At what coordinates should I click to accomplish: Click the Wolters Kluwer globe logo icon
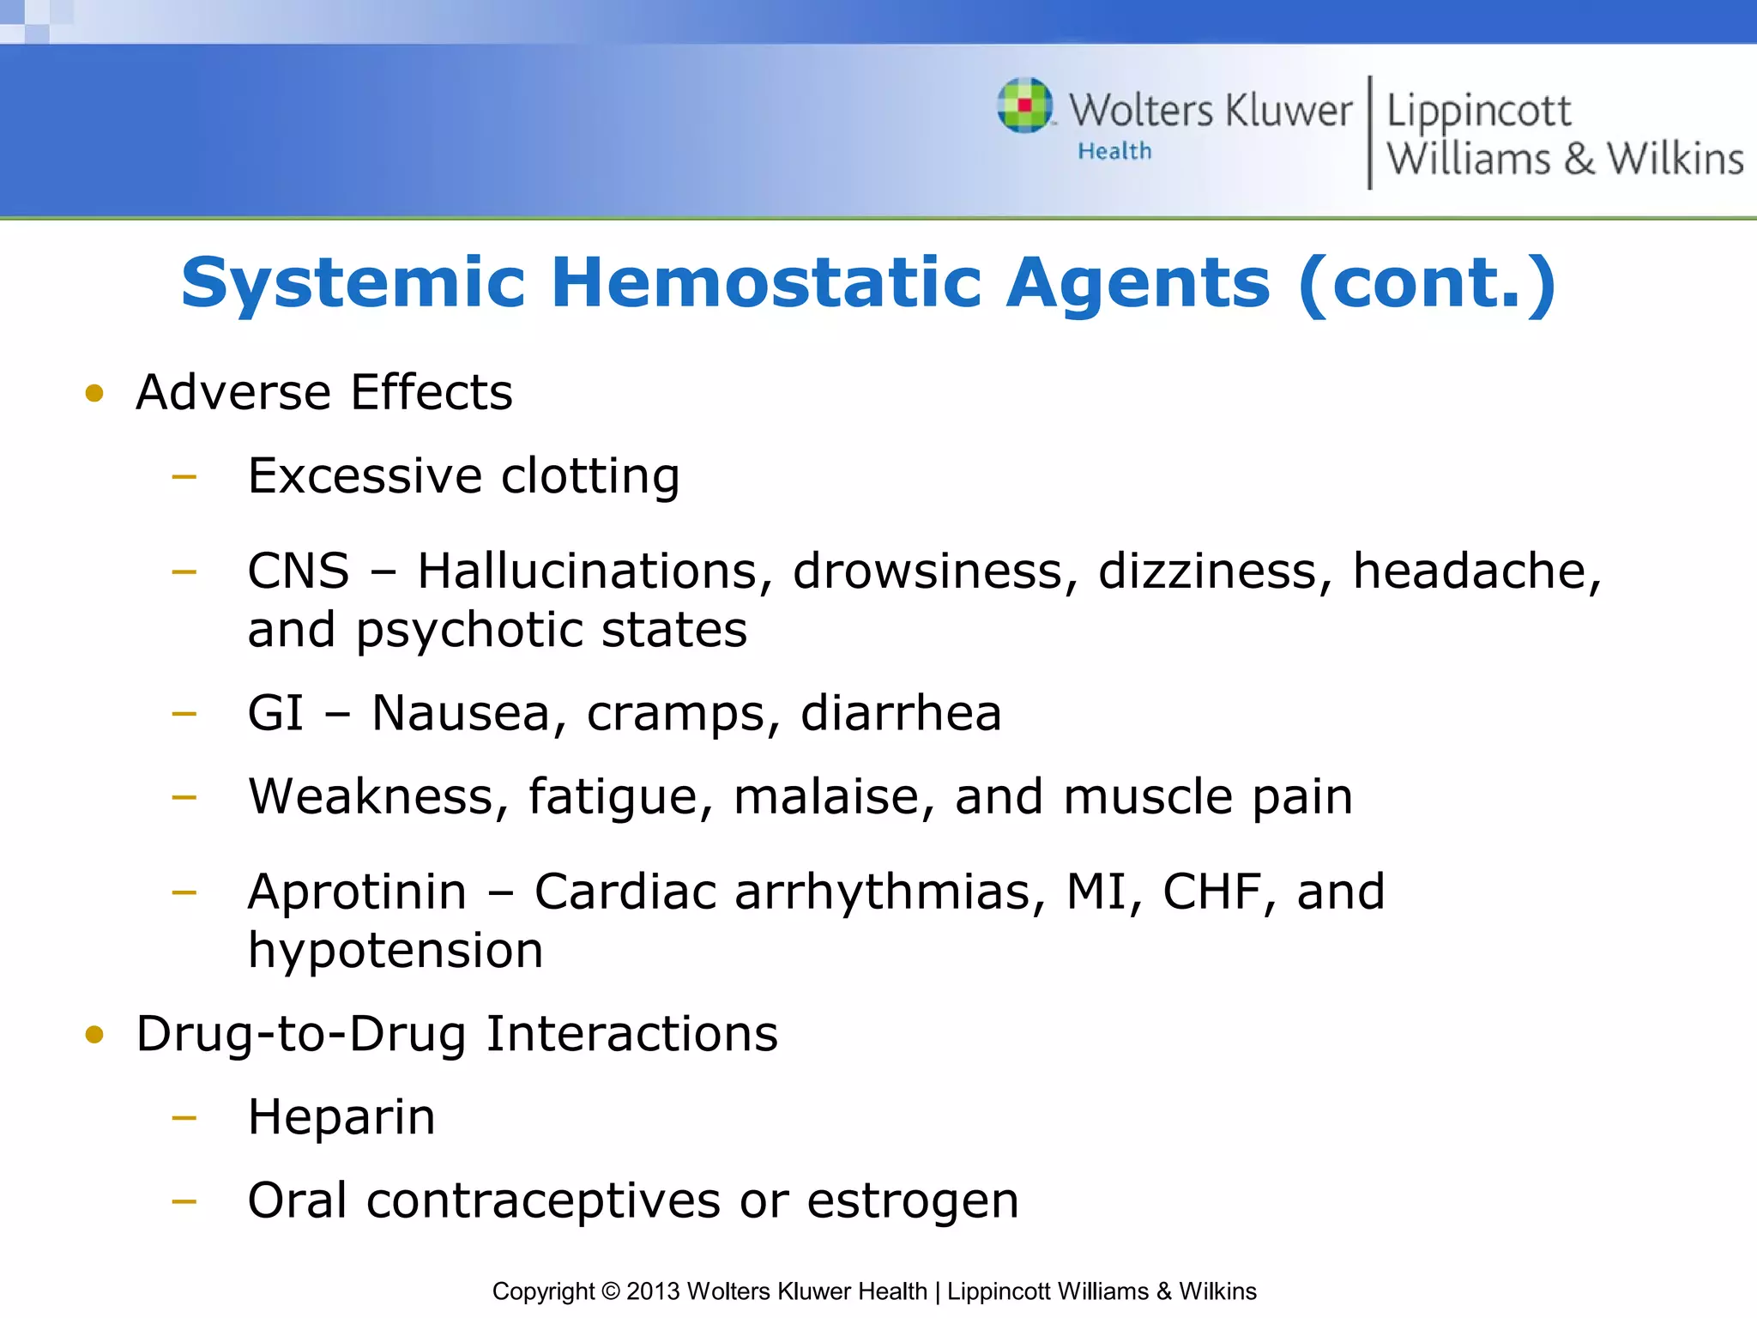pos(1024,106)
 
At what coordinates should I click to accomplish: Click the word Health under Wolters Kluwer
pos(1114,152)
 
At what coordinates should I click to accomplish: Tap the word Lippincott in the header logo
pos(1478,112)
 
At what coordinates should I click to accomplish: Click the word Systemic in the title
pos(353,283)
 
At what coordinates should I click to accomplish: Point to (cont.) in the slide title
pos(1427,283)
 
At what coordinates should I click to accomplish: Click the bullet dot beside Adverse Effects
pos(94,394)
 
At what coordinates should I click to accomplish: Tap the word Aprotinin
pos(357,892)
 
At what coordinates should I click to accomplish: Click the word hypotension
pos(395,951)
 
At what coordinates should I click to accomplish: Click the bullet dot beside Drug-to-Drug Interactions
pos(94,1035)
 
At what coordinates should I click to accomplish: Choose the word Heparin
pos(341,1117)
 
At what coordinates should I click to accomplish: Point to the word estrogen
pos(913,1200)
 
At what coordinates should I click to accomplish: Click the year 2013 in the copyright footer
pos(653,1291)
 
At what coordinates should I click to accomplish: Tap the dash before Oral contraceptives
pos(184,1201)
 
